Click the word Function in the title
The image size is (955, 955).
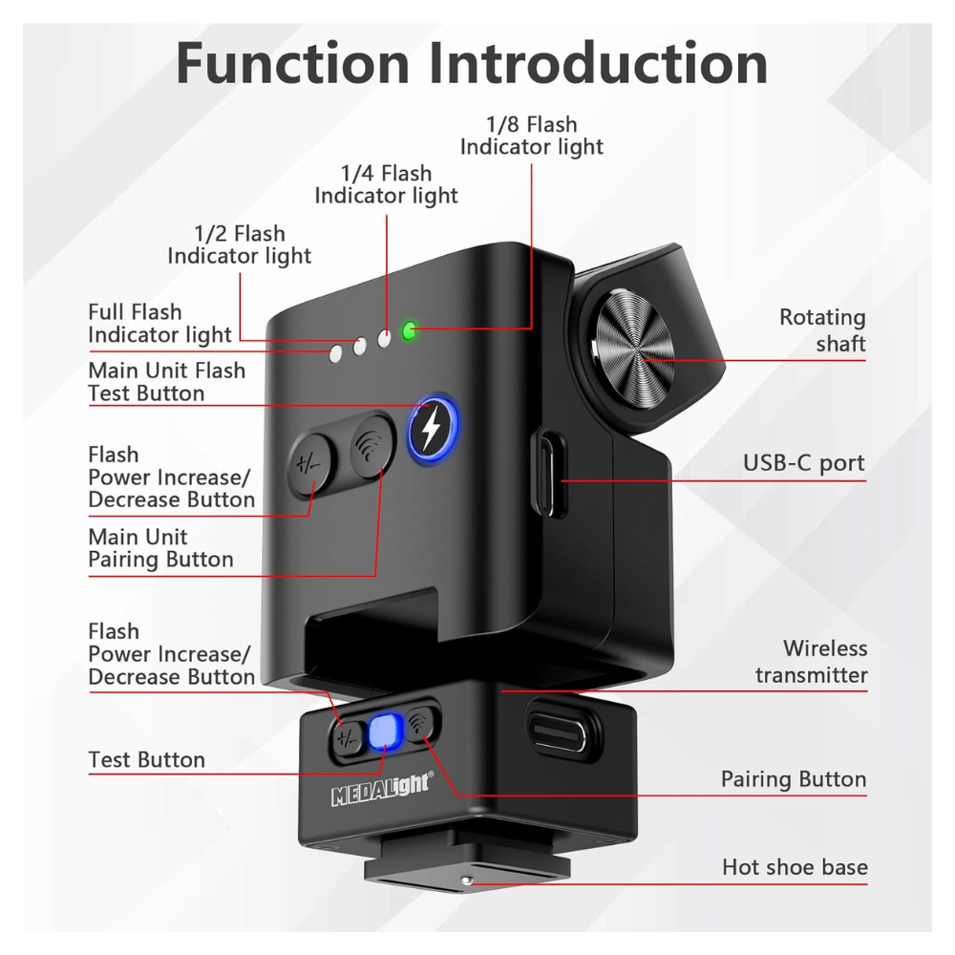coord(292,64)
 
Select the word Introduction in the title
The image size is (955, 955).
coord(599,64)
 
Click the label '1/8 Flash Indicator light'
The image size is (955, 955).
coord(532,135)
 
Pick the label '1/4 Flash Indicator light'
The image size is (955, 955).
coord(387,184)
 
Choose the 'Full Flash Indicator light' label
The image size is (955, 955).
coord(159,323)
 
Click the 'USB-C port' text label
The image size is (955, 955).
coord(804,464)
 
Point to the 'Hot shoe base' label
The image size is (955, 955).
coord(795,868)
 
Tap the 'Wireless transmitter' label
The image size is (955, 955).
coord(812,662)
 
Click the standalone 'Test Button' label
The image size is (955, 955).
coord(146,760)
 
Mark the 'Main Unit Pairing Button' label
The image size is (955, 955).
coord(160,548)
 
